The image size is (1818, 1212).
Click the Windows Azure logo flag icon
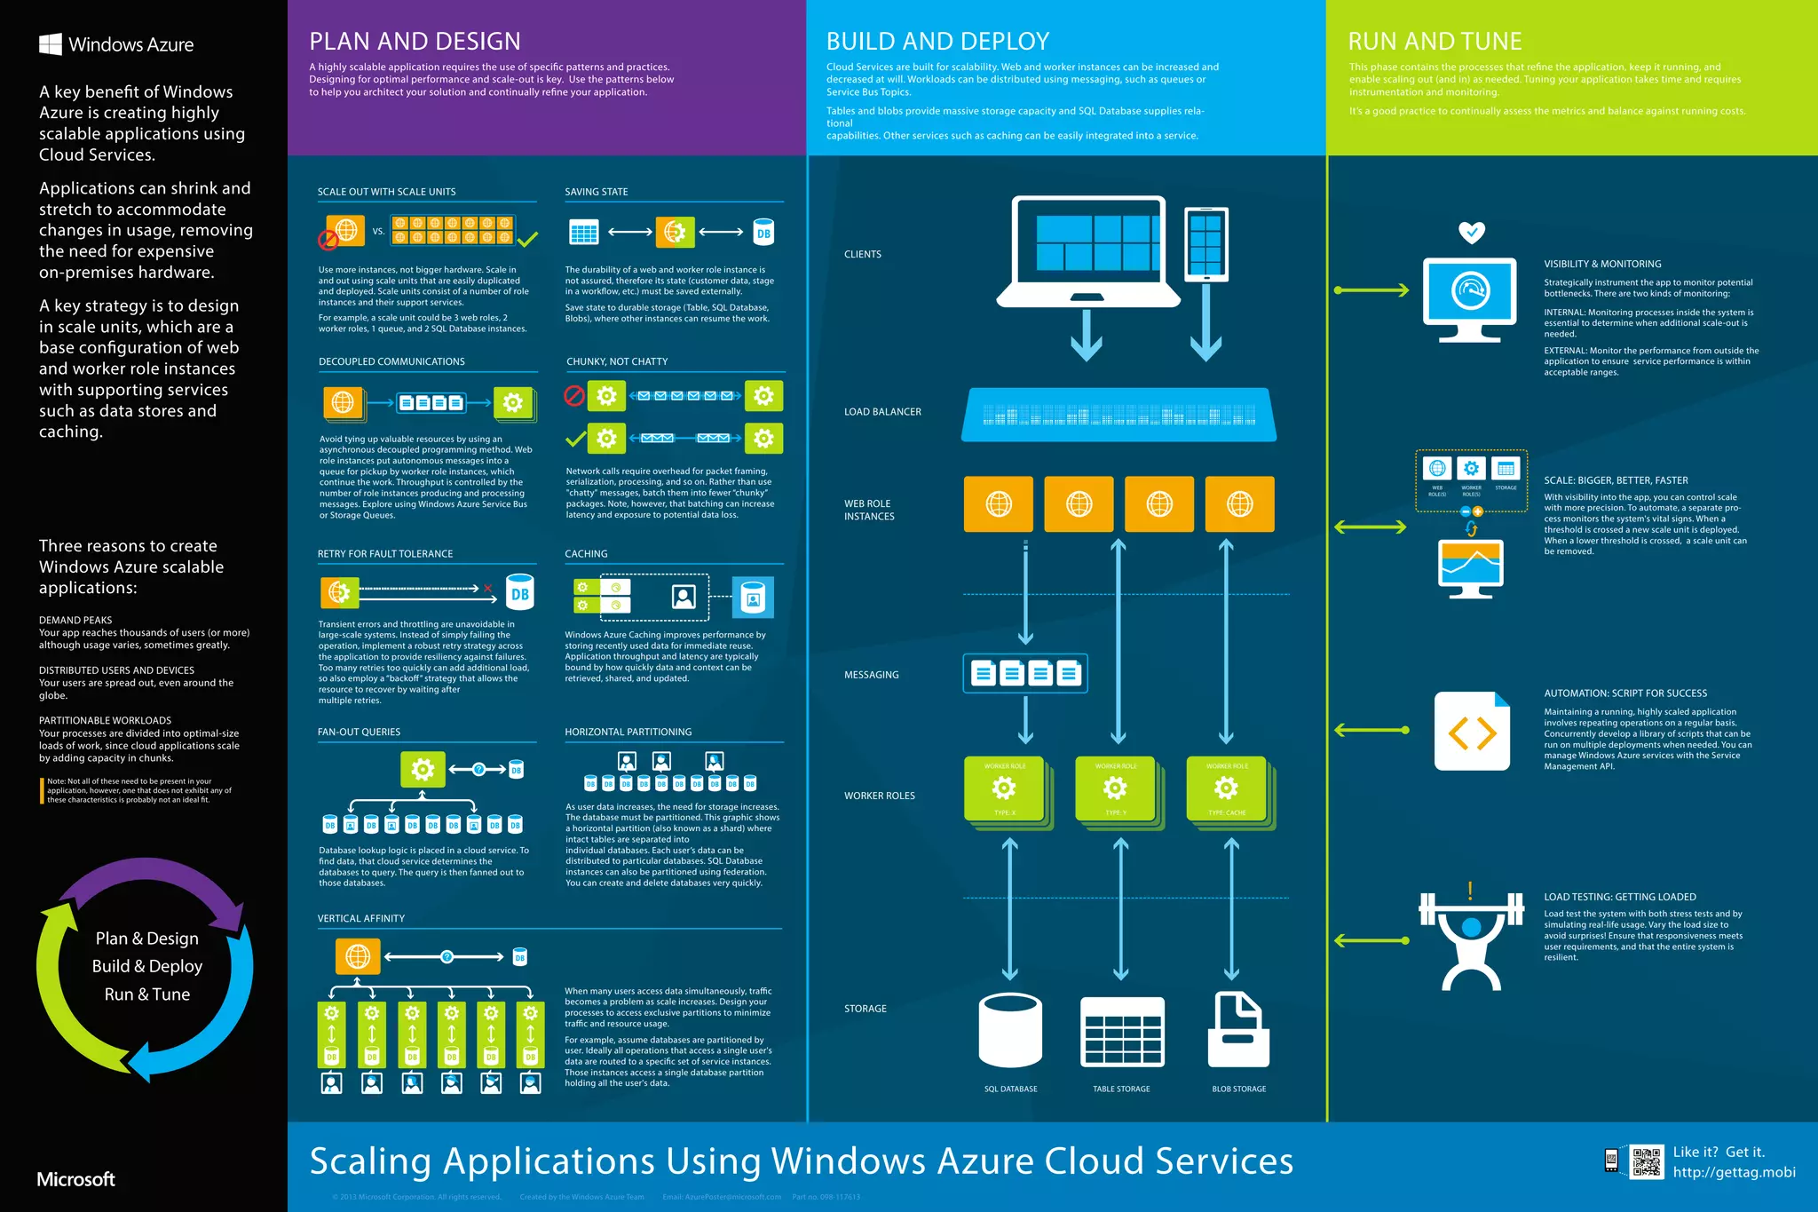point(51,44)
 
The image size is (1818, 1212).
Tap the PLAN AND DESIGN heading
point(415,42)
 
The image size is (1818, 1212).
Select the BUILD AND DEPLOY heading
point(937,42)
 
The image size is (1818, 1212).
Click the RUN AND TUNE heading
point(1435,42)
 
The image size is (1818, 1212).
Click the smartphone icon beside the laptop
point(1205,244)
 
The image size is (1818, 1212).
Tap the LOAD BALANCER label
point(882,412)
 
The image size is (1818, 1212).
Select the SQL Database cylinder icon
point(1010,1030)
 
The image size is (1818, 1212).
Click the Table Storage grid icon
point(1122,1032)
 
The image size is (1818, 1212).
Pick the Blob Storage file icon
point(1239,1030)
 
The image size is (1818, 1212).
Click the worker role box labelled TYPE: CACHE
point(1227,790)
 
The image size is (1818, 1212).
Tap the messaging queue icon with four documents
point(1025,674)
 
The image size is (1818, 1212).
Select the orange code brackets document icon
point(1472,732)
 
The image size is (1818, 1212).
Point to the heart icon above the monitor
point(1472,233)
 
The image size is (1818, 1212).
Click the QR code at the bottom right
point(1647,1161)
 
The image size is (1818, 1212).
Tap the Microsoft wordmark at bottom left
point(76,1179)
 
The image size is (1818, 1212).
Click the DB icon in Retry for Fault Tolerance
point(520,593)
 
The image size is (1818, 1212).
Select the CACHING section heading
point(586,554)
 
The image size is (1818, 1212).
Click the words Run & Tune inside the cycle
point(147,994)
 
